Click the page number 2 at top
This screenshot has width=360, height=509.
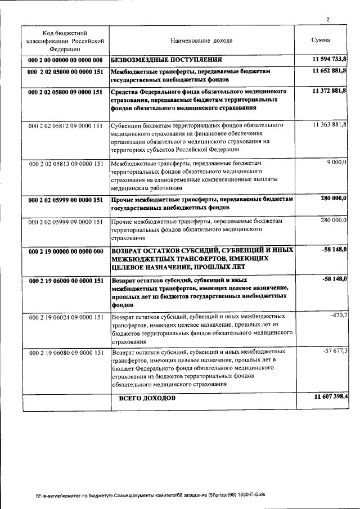(327, 20)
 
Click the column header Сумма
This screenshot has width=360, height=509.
(321, 40)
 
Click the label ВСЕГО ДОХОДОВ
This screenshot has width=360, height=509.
(147, 399)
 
